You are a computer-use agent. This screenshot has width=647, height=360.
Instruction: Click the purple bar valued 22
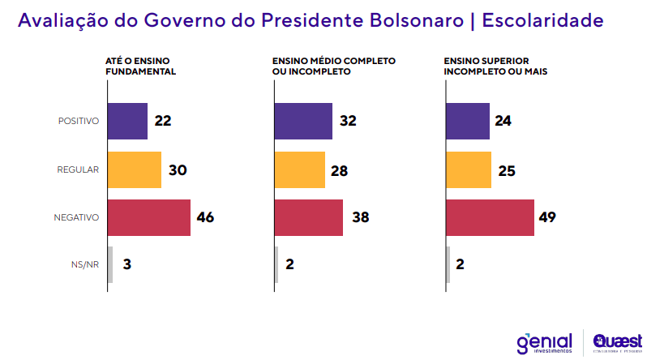pyautogui.click(x=127, y=121)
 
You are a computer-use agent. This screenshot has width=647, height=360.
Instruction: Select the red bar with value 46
pyautogui.click(x=149, y=217)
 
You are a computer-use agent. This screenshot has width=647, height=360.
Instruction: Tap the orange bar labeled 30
pyautogui.click(x=135, y=169)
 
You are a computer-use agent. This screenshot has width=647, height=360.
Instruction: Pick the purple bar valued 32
pyautogui.click(x=303, y=121)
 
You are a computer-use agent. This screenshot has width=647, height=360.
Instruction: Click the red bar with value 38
pyautogui.click(x=309, y=217)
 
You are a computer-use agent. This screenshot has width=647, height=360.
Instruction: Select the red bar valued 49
pyautogui.click(x=491, y=217)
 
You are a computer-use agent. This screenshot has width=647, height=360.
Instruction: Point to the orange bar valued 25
pyautogui.click(x=469, y=169)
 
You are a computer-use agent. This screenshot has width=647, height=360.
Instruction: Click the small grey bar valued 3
pyautogui.click(x=110, y=264)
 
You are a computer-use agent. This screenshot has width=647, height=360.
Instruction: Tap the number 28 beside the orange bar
pyautogui.click(x=339, y=169)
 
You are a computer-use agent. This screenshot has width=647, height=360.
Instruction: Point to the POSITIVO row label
pyautogui.click(x=78, y=122)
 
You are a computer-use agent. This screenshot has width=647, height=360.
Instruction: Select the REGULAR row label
pyautogui.click(x=78, y=169)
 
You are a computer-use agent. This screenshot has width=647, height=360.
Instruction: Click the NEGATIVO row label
pyautogui.click(x=76, y=217)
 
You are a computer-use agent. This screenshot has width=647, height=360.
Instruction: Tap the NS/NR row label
pyautogui.click(x=85, y=264)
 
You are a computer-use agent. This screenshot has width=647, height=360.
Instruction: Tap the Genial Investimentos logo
pyautogui.click(x=544, y=342)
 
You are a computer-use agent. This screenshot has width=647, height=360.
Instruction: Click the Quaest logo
pyautogui.click(x=619, y=342)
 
